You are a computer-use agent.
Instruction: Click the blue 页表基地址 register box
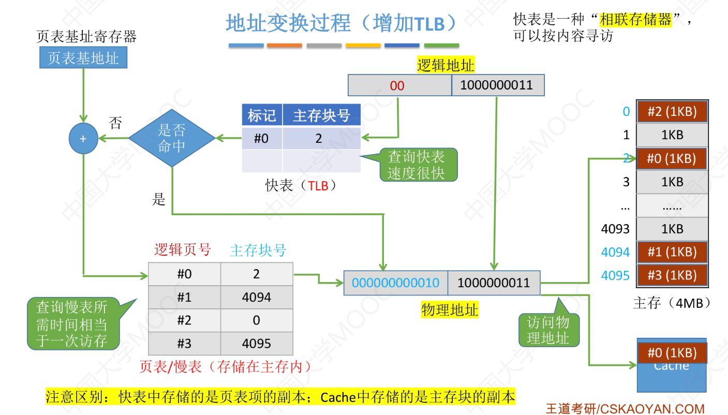[x=83, y=58]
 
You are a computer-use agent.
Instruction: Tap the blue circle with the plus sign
[x=83, y=139]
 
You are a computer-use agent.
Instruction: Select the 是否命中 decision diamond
[x=171, y=138]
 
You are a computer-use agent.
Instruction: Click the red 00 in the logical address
[x=397, y=86]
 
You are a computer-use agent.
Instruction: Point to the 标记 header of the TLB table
[x=262, y=116]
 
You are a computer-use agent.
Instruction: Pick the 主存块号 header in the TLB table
[x=321, y=116]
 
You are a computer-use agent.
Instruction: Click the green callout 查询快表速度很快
[x=416, y=165]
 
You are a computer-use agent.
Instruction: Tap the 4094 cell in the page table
[x=256, y=297]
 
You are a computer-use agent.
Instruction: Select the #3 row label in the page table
[x=184, y=344]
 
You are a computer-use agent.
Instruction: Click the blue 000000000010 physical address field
[x=395, y=283]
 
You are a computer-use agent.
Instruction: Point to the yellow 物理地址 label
[x=450, y=309]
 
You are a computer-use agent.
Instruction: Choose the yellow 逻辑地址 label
[x=445, y=66]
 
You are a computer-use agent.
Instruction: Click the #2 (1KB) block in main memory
[x=672, y=112]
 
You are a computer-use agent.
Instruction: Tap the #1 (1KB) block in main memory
[x=672, y=252]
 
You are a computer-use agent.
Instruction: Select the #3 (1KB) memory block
[x=672, y=275]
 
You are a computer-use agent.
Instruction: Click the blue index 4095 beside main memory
[x=615, y=275]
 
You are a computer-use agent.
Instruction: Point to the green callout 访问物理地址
[x=548, y=330]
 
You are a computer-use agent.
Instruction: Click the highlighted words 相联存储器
[x=635, y=20]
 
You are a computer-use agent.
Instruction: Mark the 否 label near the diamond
[x=116, y=123]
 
